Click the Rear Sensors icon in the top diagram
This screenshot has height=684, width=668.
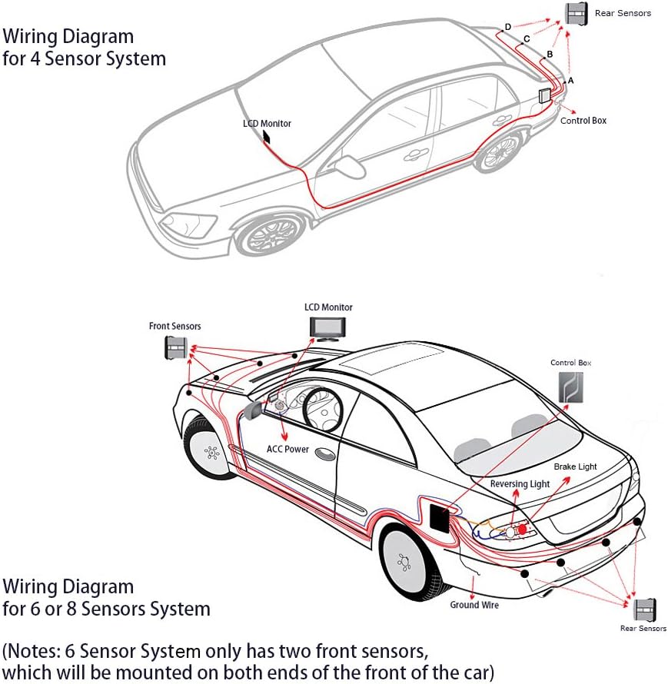point(577,14)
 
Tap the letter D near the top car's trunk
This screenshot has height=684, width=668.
point(508,27)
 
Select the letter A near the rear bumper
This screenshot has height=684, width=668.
point(570,80)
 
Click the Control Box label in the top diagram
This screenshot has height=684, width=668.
point(583,121)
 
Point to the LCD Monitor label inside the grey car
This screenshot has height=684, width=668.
point(267,123)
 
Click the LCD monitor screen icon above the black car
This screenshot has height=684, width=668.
point(328,327)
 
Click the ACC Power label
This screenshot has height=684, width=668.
point(287,449)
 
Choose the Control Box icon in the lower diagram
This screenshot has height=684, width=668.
point(570,387)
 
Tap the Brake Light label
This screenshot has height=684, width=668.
point(575,467)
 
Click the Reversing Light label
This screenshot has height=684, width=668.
point(520,484)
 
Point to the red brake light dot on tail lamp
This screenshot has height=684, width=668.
point(523,530)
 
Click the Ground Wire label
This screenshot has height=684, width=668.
point(474,605)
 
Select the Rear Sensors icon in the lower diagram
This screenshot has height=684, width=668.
point(644,609)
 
